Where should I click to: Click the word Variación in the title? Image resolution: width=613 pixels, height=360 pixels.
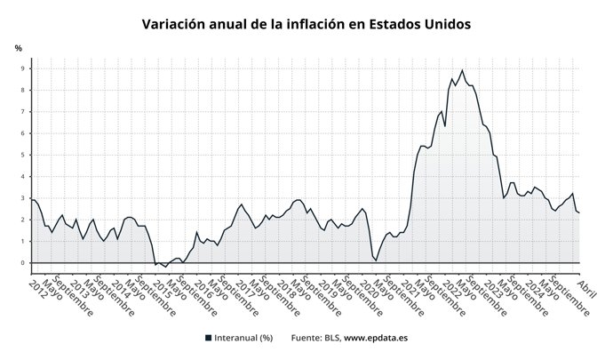click(174, 23)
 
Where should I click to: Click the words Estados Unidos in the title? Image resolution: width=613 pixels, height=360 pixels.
click(420, 23)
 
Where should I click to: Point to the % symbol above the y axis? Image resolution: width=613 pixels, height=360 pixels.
click(18, 47)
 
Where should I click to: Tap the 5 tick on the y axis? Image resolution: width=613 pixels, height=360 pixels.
click(26, 156)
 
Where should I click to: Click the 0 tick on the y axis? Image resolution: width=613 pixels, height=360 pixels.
click(26, 263)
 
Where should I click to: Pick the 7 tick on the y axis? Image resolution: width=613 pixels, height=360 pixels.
click(26, 112)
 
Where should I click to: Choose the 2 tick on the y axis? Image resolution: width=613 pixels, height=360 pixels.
click(26, 220)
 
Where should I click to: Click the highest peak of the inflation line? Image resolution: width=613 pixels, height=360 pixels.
click(462, 70)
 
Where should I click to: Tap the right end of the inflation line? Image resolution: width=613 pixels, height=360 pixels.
click(579, 212)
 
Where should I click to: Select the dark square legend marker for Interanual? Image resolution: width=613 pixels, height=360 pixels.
click(208, 338)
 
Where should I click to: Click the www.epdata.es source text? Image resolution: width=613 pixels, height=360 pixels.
click(376, 338)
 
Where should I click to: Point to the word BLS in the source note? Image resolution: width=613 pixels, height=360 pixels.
click(328, 338)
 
